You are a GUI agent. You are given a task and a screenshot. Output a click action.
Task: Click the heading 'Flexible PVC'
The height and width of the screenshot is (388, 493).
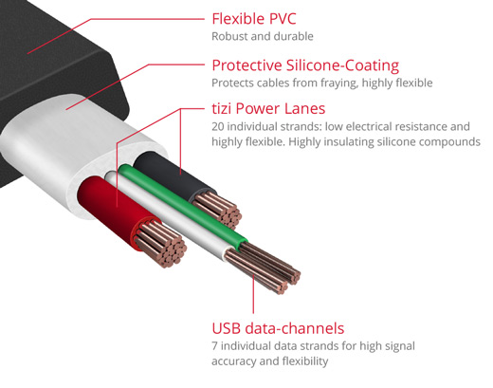pyautogui.click(x=254, y=19)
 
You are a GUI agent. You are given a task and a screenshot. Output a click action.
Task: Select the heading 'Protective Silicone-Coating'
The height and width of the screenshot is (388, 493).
pyautogui.click(x=305, y=65)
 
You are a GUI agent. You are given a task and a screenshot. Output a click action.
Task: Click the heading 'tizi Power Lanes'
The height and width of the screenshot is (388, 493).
pyautogui.click(x=268, y=108)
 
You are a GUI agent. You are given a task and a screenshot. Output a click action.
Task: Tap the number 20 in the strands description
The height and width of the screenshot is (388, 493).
pyautogui.click(x=218, y=126)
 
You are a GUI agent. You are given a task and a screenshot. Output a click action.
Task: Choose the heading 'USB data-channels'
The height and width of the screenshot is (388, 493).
pyautogui.click(x=278, y=328)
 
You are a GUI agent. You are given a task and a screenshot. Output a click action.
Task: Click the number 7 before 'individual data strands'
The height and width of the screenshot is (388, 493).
pyautogui.click(x=214, y=346)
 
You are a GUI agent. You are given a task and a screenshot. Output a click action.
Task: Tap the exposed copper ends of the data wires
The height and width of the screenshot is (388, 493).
pyautogui.click(x=264, y=268)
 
